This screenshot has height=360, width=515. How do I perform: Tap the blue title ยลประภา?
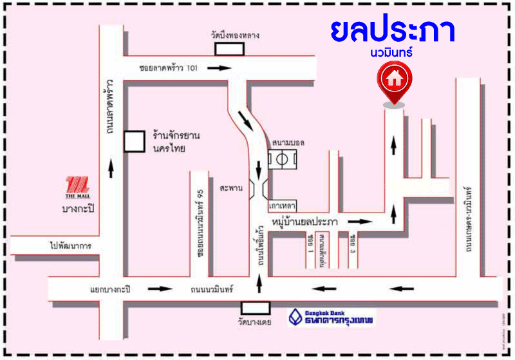[392, 30]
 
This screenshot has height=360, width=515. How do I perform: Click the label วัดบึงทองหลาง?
[234, 35]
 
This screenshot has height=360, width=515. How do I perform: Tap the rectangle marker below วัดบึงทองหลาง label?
[234, 49]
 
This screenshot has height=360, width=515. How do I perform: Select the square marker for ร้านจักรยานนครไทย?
[134, 141]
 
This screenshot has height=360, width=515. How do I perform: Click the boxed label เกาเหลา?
[282, 204]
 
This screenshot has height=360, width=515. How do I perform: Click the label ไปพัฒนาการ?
[70, 246]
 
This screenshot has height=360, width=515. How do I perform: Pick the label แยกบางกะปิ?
[110, 290]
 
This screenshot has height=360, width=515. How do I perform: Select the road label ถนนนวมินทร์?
[211, 290]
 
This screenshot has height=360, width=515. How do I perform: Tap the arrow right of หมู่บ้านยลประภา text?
[364, 222]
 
